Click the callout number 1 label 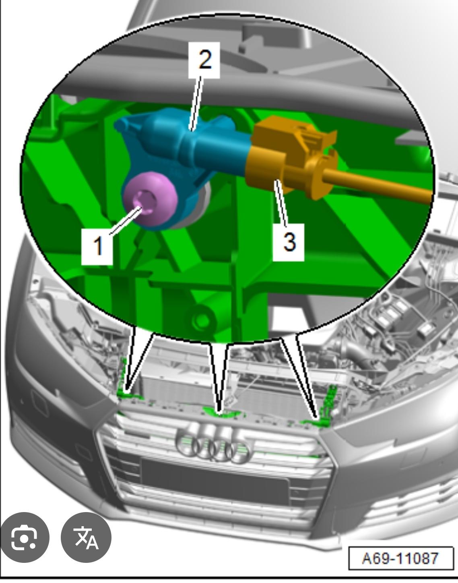[x=97, y=246]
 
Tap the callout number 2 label [x=204, y=60]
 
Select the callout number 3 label [x=289, y=242]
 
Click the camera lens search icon [x=25, y=537]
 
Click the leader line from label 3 [x=281, y=203]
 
